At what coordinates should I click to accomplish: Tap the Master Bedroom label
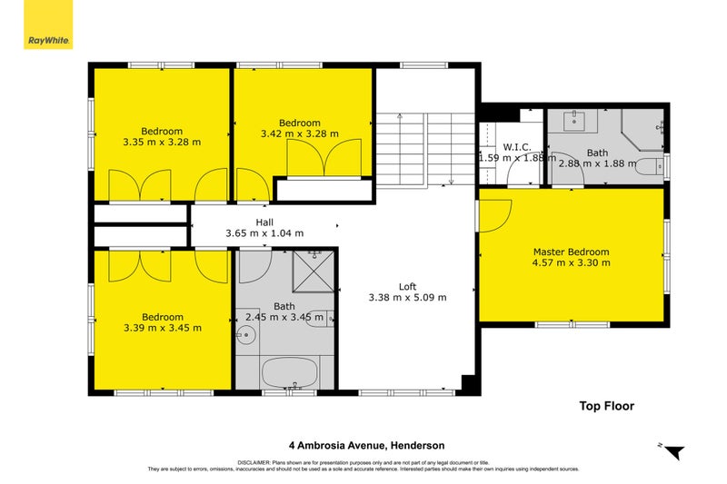pos(571,252)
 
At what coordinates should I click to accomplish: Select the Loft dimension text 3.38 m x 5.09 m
pos(407,296)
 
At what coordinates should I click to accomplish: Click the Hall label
pos(264,222)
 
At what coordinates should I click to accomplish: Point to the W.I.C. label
pos(515,145)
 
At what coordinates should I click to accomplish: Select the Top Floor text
pos(606,406)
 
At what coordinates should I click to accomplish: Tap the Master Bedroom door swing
pos(497,215)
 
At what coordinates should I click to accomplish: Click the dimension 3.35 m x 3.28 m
pos(161,142)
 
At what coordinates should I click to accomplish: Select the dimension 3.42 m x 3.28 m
pos(299,133)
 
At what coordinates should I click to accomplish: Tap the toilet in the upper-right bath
pos(651,166)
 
